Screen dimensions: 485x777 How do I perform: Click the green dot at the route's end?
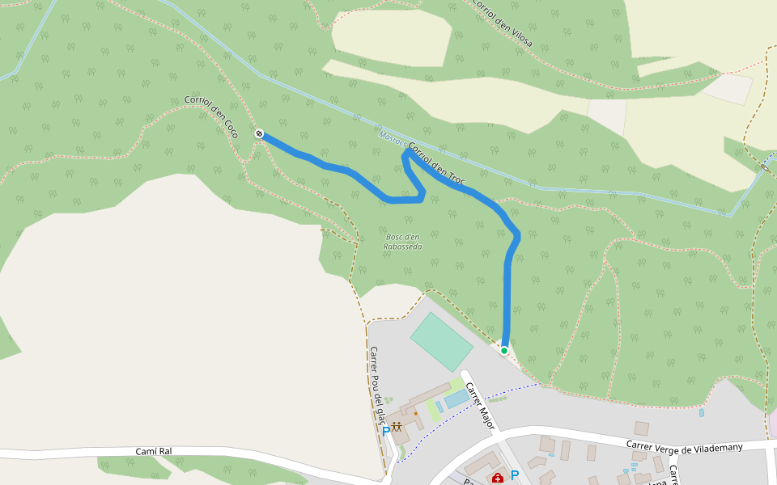(504, 351)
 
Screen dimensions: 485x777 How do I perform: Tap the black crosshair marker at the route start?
(259, 133)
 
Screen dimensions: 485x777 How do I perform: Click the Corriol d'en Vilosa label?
(502, 22)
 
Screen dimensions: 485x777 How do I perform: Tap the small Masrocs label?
(392, 139)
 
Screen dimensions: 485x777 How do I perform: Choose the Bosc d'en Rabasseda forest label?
(402, 241)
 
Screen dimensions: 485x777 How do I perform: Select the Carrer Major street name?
(480, 405)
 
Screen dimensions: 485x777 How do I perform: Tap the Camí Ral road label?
(153, 451)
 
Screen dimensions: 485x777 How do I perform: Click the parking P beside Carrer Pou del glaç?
(386, 432)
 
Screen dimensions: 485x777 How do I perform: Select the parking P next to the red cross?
(514, 475)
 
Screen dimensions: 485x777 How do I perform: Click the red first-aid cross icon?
(497, 478)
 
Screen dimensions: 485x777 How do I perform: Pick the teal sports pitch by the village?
(441, 342)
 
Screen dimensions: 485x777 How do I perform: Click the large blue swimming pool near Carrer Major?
(456, 399)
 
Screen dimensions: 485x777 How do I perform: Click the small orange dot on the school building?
(416, 413)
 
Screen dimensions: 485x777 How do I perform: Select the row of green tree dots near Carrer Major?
(497, 399)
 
